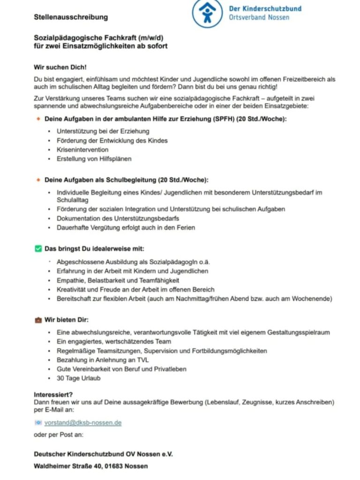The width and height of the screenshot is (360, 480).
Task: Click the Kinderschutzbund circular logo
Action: pos(208,14)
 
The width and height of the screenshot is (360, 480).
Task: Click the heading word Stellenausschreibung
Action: pos(71,17)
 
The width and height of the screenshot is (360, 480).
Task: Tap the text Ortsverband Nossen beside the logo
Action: pos(265,17)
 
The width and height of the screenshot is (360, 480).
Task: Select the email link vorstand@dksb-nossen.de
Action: pos(83,422)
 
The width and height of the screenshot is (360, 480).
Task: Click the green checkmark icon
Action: pos(38,248)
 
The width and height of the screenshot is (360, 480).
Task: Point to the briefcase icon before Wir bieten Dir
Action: pos(38,320)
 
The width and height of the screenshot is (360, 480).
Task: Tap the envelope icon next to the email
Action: pos(38,422)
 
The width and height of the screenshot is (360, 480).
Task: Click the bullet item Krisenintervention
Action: pos(82,150)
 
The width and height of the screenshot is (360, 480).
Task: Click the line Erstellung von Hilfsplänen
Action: pos(94,158)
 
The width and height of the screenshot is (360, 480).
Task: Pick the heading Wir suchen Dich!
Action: pos(60,67)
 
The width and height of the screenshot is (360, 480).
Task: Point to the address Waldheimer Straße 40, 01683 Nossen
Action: pos(90,466)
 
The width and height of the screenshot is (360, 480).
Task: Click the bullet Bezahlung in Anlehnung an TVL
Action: pos(103,360)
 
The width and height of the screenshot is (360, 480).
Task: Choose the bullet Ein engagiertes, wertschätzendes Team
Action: pos(114,341)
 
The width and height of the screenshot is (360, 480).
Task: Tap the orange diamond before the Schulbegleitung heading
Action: pos(38,180)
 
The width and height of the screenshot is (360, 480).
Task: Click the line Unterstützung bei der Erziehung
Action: pos(103,131)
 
